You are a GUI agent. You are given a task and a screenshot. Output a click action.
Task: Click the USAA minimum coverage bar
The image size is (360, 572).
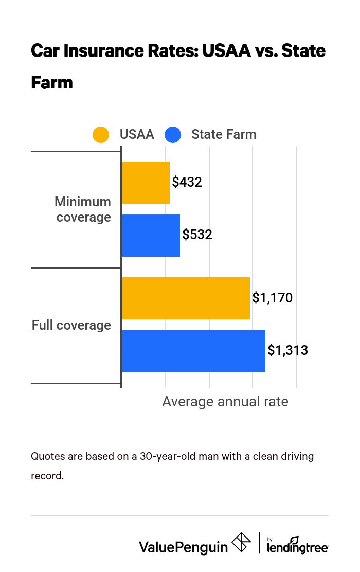pyautogui.click(x=146, y=182)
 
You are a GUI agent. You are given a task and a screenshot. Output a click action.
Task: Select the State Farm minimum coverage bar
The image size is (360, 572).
pyautogui.click(x=151, y=235)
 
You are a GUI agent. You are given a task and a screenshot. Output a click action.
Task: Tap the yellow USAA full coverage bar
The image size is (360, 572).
pyautogui.click(x=186, y=298)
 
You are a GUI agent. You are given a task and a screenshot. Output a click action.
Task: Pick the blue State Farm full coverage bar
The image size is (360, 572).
pyautogui.click(x=193, y=351)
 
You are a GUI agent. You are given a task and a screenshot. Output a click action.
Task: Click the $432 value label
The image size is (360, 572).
pyautogui.click(x=187, y=182)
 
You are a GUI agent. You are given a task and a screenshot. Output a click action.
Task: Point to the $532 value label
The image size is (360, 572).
pyautogui.click(x=197, y=235)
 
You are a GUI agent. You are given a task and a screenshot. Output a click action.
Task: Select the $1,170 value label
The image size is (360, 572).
pyautogui.click(x=272, y=298)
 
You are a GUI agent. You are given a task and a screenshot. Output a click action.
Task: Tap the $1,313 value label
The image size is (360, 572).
pyautogui.click(x=287, y=351)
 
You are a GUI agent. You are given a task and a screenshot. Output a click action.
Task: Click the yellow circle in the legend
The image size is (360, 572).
pyautogui.click(x=101, y=135)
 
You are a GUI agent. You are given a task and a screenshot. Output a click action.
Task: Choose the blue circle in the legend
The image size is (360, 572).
pyautogui.click(x=173, y=135)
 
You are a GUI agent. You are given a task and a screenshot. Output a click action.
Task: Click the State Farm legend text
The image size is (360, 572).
pyautogui.click(x=224, y=135)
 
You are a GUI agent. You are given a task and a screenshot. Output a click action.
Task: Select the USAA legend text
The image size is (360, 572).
pyautogui.click(x=137, y=135)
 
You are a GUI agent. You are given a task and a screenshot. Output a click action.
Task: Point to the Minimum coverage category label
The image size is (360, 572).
pyautogui.click(x=83, y=209)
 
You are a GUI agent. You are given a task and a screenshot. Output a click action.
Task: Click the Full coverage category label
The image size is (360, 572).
pyautogui.click(x=71, y=325)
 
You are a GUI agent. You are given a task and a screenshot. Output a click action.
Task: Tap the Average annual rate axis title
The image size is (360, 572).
pyautogui.click(x=225, y=402)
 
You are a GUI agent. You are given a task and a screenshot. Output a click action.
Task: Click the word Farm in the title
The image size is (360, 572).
pyautogui.click(x=51, y=82)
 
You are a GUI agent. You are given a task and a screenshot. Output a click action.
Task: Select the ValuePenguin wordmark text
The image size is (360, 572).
pyautogui.click(x=183, y=546)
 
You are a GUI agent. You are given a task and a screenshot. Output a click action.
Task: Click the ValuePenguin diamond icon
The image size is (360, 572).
pyautogui.click(x=241, y=543)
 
